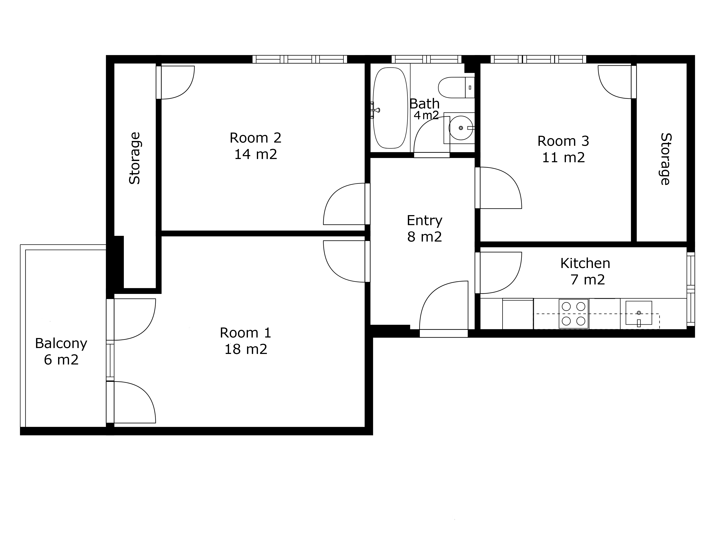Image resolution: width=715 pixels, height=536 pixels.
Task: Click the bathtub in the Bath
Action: [x=390, y=108]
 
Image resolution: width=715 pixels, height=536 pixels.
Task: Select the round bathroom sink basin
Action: [x=461, y=128]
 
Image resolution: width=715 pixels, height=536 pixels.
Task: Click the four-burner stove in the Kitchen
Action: [x=573, y=313]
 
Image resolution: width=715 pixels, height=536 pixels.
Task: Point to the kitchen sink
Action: [x=639, y=313]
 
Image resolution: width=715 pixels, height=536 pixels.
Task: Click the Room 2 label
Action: [x=255, y=138]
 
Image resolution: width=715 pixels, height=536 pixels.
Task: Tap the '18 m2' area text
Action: [x=246, y=349]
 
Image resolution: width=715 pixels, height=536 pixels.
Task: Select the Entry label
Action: [x=424, y=221]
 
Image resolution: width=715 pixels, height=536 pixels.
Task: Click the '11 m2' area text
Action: [x=563, y=158]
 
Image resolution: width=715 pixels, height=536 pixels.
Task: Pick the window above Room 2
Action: [x=300, y=59]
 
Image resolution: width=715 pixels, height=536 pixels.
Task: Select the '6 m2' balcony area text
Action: [x=61, y=360]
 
